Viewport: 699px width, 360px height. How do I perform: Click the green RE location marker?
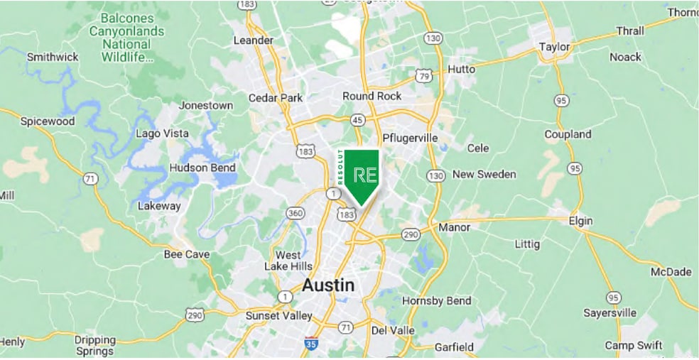pos(360,175)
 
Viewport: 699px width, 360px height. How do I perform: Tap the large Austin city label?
pos(327,285)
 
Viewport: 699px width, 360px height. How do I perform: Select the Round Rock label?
pos(372,96)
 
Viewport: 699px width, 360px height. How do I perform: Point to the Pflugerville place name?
pos(410,137)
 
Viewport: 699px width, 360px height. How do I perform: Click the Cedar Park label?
pos(276,98)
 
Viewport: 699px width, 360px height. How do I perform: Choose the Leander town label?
pos(253,40)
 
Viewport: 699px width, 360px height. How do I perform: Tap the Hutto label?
pos(462,70)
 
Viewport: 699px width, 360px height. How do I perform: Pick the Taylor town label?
pos(555,47)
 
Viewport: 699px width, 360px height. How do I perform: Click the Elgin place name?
pos(580,221)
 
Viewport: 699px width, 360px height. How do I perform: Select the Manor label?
pos(455,228)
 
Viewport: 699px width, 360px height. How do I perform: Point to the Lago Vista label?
pos(162,133)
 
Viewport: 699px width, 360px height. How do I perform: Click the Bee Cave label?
pos(186,254)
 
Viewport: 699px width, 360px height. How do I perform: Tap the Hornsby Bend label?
pos(437,301)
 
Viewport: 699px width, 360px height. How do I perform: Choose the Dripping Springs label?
pos(94,345)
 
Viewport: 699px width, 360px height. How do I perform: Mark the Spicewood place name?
pos(47,121)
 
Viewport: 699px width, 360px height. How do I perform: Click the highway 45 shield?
pos(356,120)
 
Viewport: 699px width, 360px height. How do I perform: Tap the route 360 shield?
pos(295,213)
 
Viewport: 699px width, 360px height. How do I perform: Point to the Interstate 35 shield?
pos(310,344)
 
